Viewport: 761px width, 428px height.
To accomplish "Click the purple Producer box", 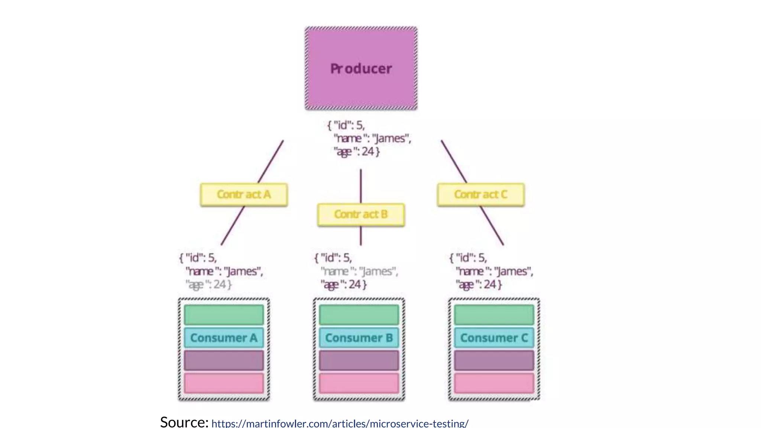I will (x=361, y=68).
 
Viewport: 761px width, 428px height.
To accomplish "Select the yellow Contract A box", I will (x=244, y=194).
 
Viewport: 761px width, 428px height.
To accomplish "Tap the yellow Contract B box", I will (x=361, y=214).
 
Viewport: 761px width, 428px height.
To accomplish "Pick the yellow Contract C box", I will (x=480, y=194).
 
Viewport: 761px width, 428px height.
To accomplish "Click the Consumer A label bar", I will (x=224, y=338).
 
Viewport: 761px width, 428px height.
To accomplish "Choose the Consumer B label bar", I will (x=359, y=338).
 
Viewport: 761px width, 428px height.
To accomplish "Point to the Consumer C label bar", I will (x=494, y=338).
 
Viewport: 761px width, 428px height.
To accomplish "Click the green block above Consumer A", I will (x=224, y=315).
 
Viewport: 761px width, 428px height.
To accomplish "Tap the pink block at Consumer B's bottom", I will (x=359, y=383).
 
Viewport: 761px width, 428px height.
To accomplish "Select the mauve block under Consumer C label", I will (x=494, y=360).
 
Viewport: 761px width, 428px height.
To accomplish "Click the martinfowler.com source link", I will (x=340, y=423).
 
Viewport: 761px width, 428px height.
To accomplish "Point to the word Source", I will (x=184, y=422).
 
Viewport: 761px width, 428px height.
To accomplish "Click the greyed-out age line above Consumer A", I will (x=209, y=285).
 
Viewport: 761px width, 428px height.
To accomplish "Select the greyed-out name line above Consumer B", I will (x=359, y=272).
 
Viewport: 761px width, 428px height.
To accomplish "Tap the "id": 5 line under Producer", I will (x=346, y=125).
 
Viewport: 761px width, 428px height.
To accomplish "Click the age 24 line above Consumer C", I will (x=479, y=285).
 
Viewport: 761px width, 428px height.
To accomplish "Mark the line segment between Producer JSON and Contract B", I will (x=360, y=186).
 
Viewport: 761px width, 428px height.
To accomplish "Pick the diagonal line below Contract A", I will (x=233, y=226).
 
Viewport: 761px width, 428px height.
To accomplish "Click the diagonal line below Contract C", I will (x=492, y=226).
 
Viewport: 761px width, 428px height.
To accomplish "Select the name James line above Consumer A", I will (x=224, y=272).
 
